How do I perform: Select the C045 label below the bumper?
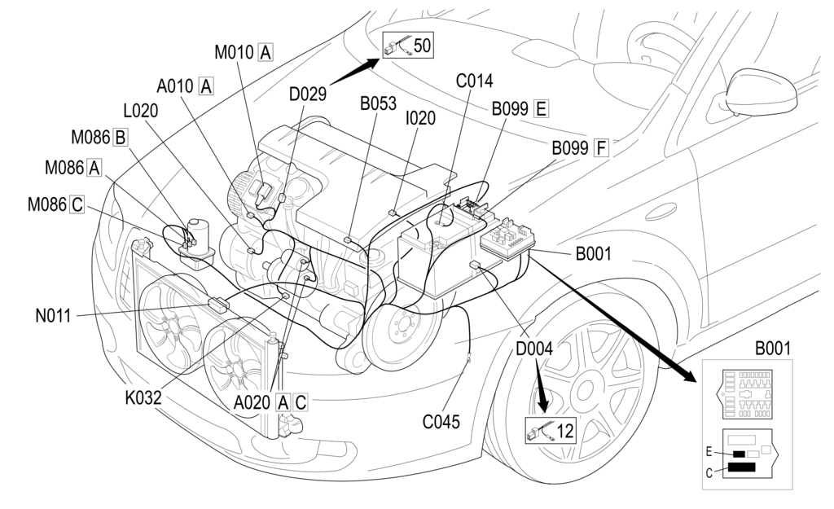[x=441, y=422]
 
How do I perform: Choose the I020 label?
[x=420, y=118]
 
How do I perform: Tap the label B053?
[x=378, y=103]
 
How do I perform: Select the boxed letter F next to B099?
[x=602, y=147]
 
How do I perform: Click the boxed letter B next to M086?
[x=121, y=137]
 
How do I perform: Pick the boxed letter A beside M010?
[x=265, y=52]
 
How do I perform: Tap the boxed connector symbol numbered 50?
[x=409, y=46]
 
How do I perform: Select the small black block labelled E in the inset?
[x=739, y=453]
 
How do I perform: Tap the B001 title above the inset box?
[x=772, y=349]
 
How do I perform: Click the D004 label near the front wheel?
[x=534, y=349]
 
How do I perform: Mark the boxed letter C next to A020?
[x=301, y=401]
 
